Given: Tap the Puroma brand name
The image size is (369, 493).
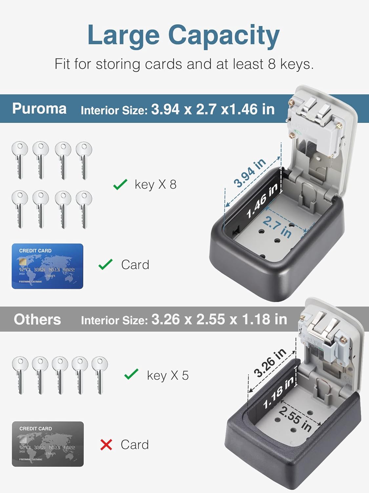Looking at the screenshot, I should point(39,109).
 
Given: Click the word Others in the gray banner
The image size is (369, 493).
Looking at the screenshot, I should point(37,319).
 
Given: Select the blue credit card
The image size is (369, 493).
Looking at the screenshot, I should point(48,266).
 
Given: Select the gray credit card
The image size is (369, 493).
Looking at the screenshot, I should point(48,444).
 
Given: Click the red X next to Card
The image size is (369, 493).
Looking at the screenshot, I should point(106,445).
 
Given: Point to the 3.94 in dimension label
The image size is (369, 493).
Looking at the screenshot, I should point(250,173).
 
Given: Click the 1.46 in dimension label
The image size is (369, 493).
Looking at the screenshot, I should point(262,201).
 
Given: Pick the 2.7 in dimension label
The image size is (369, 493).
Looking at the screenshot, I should point(277,227).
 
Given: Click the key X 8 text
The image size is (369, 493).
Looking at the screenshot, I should point(155,185).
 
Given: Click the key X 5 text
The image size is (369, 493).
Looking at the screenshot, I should point(168,375).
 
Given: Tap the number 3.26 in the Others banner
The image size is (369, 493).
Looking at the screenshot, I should point(166,319).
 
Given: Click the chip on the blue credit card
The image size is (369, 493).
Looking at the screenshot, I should point(23,262).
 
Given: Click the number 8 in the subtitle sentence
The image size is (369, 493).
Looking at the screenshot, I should point(272,64).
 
